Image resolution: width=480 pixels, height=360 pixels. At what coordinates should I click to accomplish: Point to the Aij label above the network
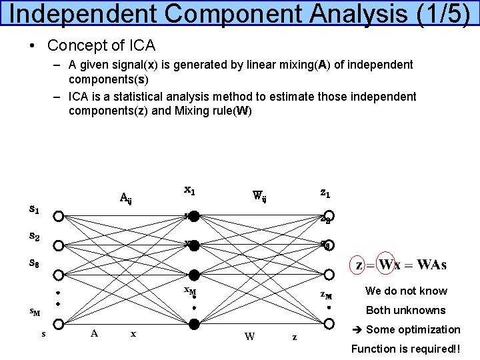click(x=125, y=197)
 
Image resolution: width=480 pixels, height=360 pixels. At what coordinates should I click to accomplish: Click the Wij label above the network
click(x=259, y=196)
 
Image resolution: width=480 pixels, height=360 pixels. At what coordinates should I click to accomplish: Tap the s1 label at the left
click(x=34, y=209)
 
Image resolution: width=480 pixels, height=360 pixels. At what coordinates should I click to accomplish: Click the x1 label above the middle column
click(x=189, y=190)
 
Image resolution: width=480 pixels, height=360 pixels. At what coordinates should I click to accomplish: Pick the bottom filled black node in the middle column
click(x=194, y=325)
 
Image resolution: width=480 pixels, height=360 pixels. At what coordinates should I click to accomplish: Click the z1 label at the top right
click(x=325, y=193)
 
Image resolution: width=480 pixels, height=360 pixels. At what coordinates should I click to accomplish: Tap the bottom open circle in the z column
click(x=328, y=325)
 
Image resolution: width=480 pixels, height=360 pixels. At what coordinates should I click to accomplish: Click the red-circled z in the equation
click(x=361, y=265)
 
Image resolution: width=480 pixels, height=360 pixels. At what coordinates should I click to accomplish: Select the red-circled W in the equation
click(x=386, y=265)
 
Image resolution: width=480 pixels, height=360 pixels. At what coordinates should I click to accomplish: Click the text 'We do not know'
click(x=406, y=291)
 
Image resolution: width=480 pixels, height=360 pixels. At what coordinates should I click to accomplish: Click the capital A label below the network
click(x=94, y=333)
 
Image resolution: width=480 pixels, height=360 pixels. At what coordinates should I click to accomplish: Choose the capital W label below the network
click(x=249, y=336)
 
